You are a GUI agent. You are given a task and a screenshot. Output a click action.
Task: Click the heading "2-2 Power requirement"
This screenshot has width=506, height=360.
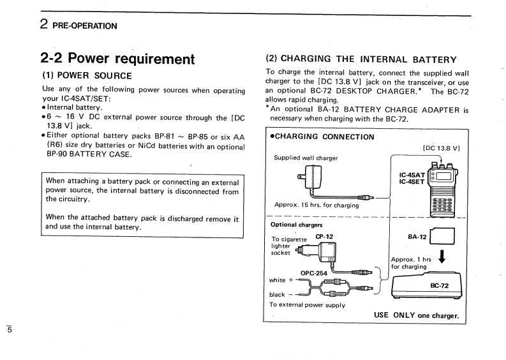(117, 59)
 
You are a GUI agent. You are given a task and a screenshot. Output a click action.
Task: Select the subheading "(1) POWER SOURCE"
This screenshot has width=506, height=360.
(87, 75)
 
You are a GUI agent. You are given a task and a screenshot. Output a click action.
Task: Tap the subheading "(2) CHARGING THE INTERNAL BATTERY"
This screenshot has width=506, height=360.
(361, 59)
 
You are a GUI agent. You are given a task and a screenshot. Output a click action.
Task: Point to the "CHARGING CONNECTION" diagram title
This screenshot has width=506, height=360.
(322, 137)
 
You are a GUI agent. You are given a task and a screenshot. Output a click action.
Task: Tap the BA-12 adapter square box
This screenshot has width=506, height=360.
(443, 237)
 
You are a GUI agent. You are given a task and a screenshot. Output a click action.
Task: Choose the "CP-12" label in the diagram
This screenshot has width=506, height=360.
(325, 236)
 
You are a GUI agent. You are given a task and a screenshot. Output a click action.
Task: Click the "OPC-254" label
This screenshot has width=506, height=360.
(315, 273)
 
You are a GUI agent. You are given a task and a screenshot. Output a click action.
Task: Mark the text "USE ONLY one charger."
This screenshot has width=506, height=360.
(416, 315)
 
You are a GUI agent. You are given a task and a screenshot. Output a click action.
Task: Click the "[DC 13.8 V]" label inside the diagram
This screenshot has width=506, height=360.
(442, 148)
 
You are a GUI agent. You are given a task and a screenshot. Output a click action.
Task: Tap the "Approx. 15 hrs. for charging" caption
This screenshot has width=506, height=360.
(316, 205)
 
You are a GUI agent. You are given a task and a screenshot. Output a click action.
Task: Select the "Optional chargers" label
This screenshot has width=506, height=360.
(297, 225)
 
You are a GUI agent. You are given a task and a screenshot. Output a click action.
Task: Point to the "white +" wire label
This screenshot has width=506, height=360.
(282, 280)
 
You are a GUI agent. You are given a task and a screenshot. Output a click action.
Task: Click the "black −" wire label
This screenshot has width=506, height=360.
(281, 294)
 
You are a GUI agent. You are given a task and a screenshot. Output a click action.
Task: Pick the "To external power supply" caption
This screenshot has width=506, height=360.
(308, 304)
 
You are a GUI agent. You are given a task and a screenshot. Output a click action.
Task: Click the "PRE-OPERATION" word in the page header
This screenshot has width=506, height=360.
(85, 26)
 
